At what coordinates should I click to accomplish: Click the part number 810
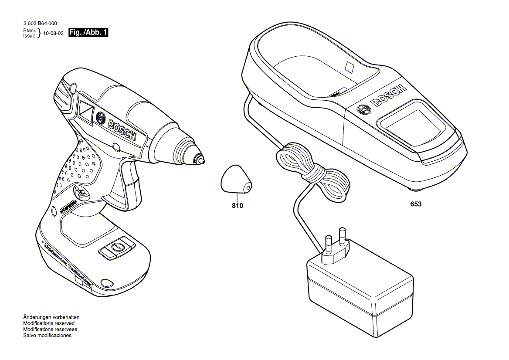coord(238,205)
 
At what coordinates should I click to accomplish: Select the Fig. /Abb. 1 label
coord(88,33)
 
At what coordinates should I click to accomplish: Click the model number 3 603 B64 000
coord(40,24)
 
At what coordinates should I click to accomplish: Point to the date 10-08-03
coord(54,33)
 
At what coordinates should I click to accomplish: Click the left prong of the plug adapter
coord(328,245)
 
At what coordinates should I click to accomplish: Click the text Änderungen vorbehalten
coord(51,317)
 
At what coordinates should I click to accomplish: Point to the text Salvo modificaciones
coord(47,336)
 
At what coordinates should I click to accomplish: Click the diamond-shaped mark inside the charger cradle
coord(350,67)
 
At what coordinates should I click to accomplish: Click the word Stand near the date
coord(30,31)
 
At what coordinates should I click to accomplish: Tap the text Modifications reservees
coord(49,329)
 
